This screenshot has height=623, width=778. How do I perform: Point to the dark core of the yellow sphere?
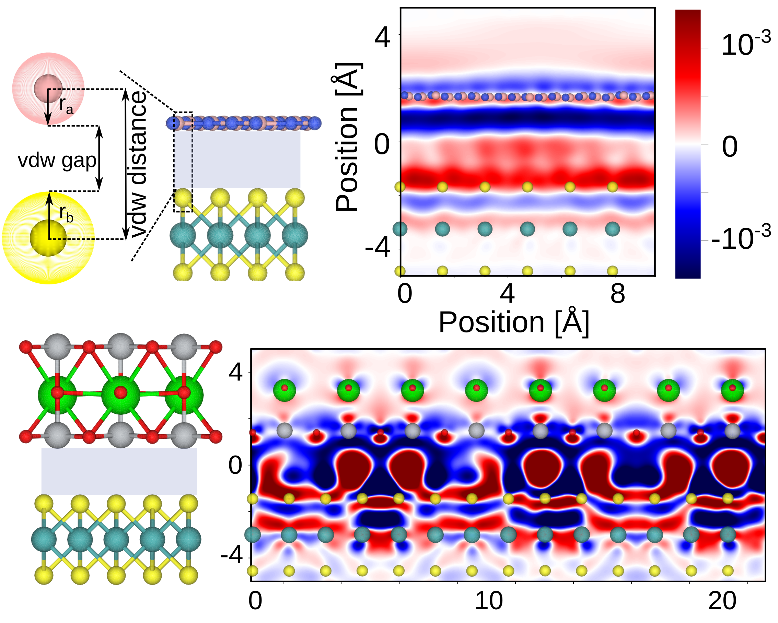coord(48,238)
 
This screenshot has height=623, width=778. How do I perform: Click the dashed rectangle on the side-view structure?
coord(183,162)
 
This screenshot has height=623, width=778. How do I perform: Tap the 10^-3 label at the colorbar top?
coord(745,44)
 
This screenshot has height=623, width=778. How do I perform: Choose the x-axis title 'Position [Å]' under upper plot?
coord(513,322)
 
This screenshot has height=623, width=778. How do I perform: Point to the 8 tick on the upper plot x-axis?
coord(617,294)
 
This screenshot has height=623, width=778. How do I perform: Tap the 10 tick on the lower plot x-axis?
coord(489,601)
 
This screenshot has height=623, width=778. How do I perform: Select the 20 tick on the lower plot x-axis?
coord(722,601)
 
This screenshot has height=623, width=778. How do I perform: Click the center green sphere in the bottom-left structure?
coord(120,395)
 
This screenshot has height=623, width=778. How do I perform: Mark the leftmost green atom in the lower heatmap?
coord(285,390)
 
